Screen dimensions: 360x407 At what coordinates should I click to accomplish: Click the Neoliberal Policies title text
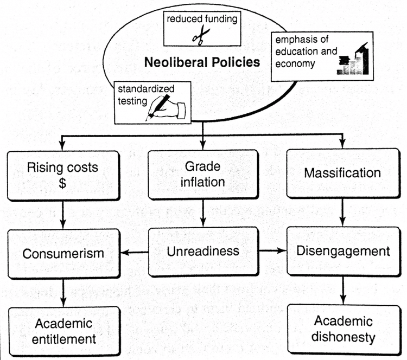point(202,62)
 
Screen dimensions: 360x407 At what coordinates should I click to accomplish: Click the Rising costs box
point(62,173)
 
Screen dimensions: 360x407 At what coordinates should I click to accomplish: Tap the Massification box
point(342,174)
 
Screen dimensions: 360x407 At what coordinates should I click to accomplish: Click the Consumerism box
point(62,253)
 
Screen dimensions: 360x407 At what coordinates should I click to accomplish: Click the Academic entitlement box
point(62,331)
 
